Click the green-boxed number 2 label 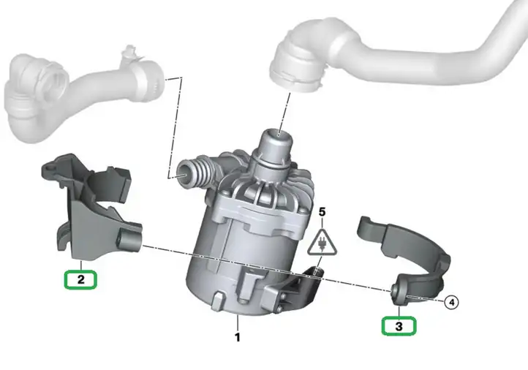point(81,279)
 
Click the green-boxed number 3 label point(399,326)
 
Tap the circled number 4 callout point(451,302)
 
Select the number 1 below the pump point(238,337)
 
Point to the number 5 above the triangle point(323,212)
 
